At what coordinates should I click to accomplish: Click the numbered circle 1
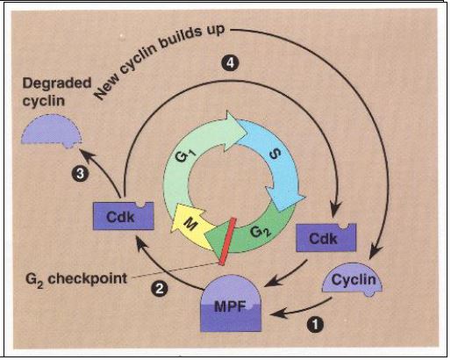click(315, 325)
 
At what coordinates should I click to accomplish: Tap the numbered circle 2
click(160, 289)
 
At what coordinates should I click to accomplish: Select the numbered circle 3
click(80, 174)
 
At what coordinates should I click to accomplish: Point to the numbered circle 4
click(231, 63)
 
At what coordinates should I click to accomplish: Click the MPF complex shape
click(231, 304)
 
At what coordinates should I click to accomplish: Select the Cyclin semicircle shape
click(353, 279)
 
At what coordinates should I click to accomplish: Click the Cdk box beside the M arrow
click(124, 216)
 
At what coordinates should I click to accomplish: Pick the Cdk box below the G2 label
click(326, 237)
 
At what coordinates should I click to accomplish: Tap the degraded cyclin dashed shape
click(52, 131)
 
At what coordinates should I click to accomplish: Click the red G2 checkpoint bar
click(226, 241)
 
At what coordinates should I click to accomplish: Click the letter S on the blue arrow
click(275, 155)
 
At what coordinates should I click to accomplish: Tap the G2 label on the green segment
click(261, 233)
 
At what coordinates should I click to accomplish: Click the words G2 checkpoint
click(76, 279)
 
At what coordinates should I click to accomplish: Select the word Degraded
click(57, 83)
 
